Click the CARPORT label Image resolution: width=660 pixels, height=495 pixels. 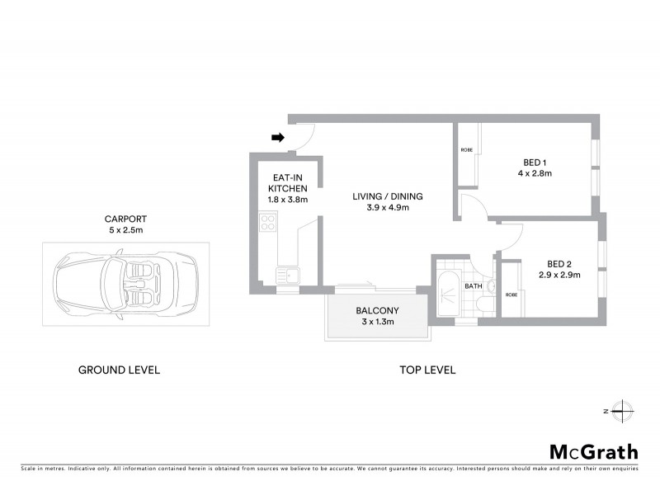(125, 219)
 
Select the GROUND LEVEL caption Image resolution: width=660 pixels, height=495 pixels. (119, 370)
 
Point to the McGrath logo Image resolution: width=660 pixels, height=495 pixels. (594, 451)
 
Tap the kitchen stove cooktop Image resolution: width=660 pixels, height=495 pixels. (268, 221)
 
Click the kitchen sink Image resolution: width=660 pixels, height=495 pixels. (288, 275)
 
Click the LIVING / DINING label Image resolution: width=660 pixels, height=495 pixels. (387, 196)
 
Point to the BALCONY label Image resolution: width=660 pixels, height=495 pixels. (377, 310)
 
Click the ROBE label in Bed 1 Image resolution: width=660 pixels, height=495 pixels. (466, 150)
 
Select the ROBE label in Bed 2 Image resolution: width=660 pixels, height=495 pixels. (511, 295)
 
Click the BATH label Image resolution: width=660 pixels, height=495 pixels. (473, 286)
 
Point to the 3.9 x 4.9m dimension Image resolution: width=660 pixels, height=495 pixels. (387, 208)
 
